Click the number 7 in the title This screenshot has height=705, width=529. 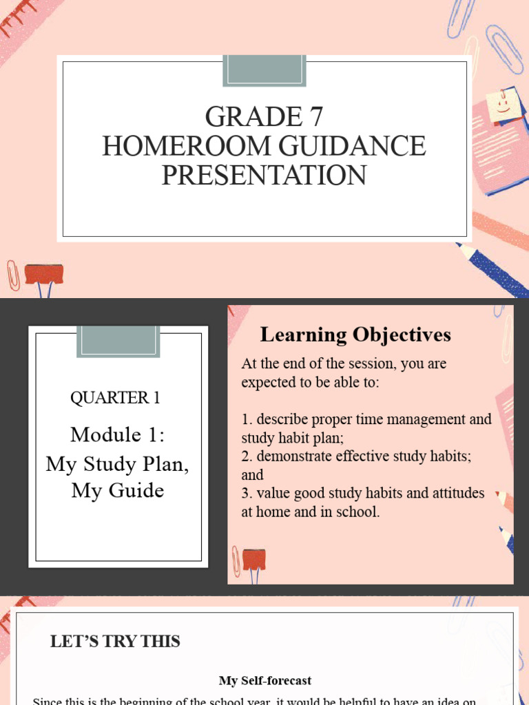[x=315, y=118]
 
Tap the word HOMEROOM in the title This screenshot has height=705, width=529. [x=183, y=146]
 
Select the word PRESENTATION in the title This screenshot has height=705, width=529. [x=264, y=175]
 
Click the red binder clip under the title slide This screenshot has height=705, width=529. [x=44, y=275]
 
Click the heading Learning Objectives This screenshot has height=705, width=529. [x=355, y=335]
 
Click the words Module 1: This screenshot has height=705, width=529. [x=118, y=434]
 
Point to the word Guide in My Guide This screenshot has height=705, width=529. [x=140, y=491]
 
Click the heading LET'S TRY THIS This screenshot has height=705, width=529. [x=115, y=642]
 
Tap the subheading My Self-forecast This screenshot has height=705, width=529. [x=265, y=680]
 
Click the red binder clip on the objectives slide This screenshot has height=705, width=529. [x=253, y=560]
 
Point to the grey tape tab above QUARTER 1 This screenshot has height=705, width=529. [x=118, y=341]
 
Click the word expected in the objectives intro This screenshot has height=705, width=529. [x=266, y=381]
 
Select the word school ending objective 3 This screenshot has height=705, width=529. [x=356, y=512]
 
